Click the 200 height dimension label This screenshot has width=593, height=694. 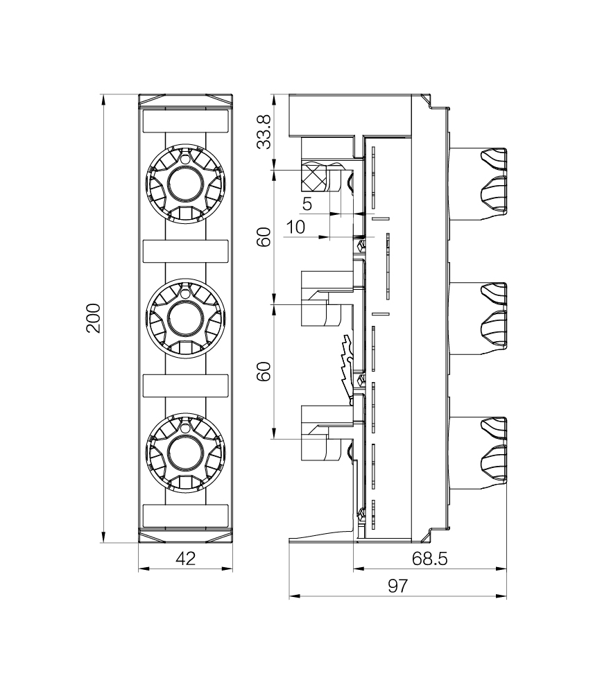tap(94, 318)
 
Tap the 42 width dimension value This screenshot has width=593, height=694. tap(185, 559)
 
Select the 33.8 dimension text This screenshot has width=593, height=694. tap(264, 132)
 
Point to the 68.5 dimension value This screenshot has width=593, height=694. tap(429, 559)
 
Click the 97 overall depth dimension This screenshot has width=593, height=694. tap(397, 586)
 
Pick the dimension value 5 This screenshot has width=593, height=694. tap(307, 204)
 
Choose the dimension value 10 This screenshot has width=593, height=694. tap(295, 227)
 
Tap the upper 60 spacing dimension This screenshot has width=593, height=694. tap(264, 237)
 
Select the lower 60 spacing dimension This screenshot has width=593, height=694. tap(264, 371)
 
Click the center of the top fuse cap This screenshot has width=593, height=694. tap(185, 184)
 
